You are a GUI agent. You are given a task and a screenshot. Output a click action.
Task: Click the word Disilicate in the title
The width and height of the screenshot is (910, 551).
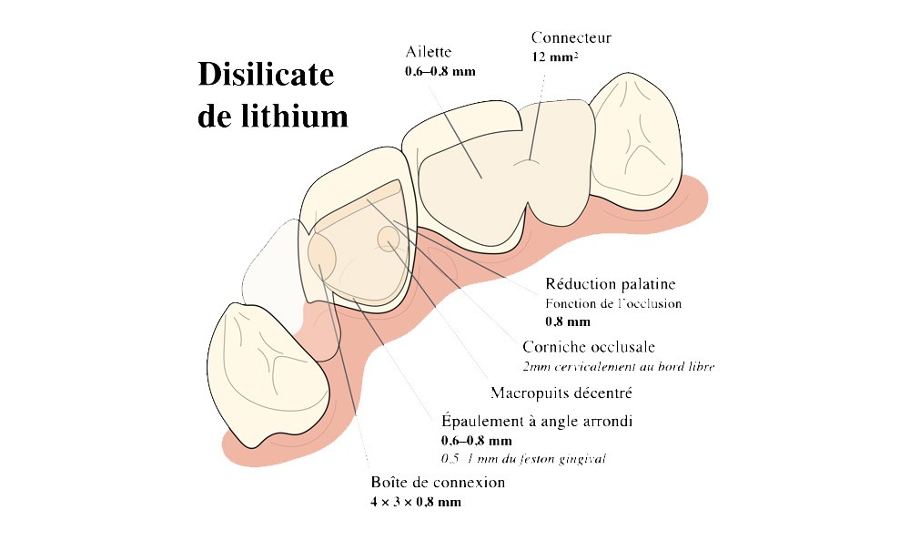click(267, 77)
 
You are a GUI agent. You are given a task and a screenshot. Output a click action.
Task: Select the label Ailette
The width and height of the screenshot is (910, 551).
click(429, 52)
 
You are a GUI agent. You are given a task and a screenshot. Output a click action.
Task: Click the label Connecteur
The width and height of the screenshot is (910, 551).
click(571, 37)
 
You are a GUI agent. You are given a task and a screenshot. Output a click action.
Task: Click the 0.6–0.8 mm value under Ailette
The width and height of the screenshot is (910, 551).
click(440, 70)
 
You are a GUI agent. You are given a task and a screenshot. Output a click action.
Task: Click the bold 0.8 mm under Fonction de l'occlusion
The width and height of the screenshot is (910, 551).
click(568, 321)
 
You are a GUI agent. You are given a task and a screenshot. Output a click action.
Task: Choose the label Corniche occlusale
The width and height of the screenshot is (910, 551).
click(589, 347)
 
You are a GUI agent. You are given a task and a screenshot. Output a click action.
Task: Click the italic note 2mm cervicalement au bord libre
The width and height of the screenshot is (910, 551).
click(618, 367)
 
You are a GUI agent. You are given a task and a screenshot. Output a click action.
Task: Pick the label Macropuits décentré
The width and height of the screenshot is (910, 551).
click(561, 393)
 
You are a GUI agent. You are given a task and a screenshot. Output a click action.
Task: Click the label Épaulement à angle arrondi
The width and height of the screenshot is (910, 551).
click(537, 421)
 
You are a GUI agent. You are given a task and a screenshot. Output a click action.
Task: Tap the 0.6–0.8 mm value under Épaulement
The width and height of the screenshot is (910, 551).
click(478, 440)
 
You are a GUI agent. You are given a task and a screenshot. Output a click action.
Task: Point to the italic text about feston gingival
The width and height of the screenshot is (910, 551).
click(524, 458)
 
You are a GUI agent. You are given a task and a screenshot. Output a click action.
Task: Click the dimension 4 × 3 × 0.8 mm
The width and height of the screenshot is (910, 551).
click(416, 502)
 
